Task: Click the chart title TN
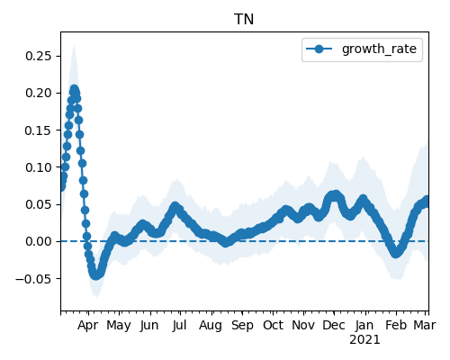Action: (244, 20)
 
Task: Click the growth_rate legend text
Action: (379, 49)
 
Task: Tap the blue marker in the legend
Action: (319, 49)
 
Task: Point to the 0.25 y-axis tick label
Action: (39, 56)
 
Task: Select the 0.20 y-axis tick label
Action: (39, 93)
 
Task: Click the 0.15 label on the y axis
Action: (39, 130)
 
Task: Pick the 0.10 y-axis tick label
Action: (39, 167)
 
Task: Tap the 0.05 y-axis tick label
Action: (39, 204)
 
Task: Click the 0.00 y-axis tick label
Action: (39, 241)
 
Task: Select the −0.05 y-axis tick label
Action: (33, 279)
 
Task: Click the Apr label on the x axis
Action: (87, 326)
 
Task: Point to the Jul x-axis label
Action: (179, 325)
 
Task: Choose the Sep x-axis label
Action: (242, 326)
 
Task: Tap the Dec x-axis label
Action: (334, 325)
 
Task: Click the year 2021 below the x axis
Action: (364, 340)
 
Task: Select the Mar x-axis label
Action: (425, 325)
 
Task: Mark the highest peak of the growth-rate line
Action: (74, 89)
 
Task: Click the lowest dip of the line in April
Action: (95, 275)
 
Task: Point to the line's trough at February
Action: (396, 253)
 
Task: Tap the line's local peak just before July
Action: (175, 206)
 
